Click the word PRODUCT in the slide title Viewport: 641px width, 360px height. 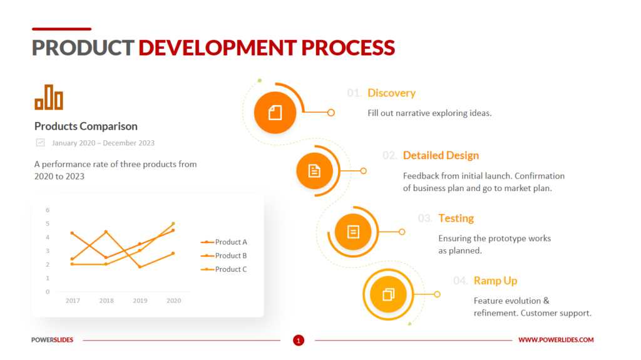(83, 48)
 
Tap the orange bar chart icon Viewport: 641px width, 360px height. (49, 97)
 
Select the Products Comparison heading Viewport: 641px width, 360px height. (86, 126)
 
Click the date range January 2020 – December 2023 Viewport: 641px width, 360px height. (103, 143)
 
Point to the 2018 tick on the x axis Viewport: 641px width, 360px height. (106, 301)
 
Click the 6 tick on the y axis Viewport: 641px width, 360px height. (48, 210)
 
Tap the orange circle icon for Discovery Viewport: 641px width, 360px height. (275, 113)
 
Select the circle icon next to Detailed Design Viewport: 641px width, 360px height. (314, 170)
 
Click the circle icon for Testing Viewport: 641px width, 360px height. (353, 232)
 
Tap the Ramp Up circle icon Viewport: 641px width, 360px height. (388, 294)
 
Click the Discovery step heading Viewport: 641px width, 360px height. (391, 93)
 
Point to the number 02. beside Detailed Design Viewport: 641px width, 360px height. (389, 156)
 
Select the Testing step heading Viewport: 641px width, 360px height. (456, 219)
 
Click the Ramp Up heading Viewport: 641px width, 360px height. (495, 281)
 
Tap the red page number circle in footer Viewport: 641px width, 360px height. (299, 341)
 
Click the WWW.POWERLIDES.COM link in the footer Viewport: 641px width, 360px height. (556, 340)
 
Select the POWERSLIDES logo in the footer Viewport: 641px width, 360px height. (53, 340)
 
